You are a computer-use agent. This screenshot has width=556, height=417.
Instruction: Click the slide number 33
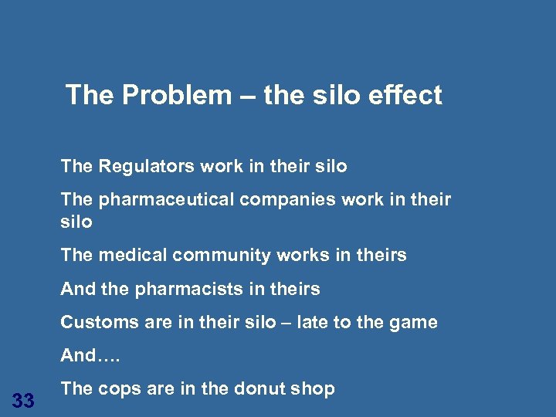[23, 401]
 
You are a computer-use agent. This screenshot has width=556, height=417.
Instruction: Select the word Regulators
[146, 166]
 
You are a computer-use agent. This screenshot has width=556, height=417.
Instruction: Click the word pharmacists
[181, 290]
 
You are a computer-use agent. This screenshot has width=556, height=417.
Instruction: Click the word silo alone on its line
[76, 222]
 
